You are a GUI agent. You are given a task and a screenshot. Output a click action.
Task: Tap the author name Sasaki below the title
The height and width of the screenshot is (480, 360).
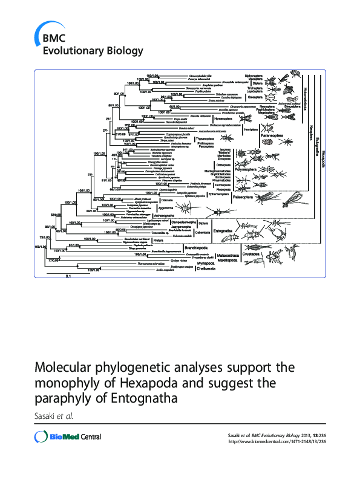pos(49,416)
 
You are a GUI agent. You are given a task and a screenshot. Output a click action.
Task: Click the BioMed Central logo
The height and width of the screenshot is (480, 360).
pos(68,437)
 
